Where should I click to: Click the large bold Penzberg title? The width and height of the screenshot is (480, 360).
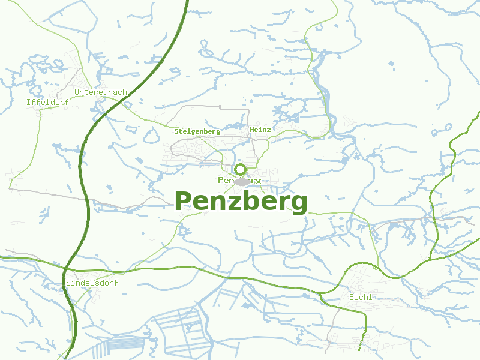coord(241,201)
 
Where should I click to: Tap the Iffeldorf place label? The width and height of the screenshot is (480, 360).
coord(47,103)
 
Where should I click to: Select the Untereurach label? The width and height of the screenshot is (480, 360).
coord(101,92)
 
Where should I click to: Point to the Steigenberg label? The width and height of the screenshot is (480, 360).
coord(197,131)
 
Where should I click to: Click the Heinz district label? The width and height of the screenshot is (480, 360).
coord(260,129)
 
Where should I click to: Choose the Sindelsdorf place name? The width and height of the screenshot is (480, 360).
coord(92,283)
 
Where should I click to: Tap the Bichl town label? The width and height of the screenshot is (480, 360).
coord(360,297)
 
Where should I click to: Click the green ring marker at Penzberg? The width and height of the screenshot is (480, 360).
coord(241,169)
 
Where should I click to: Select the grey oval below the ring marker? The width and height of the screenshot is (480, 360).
coord(242,182)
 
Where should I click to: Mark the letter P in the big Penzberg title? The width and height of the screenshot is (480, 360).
coord(184,201)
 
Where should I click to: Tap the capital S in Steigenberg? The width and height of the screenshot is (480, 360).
coord(176,131)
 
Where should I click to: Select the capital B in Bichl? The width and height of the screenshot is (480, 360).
coord(351,297)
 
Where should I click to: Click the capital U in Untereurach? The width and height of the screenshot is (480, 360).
coord(77,92)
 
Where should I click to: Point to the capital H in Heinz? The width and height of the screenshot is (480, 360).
coord(252,129)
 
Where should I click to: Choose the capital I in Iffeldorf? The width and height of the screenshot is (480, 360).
coord(29,103)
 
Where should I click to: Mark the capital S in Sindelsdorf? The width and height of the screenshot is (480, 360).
coord(68,283)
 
